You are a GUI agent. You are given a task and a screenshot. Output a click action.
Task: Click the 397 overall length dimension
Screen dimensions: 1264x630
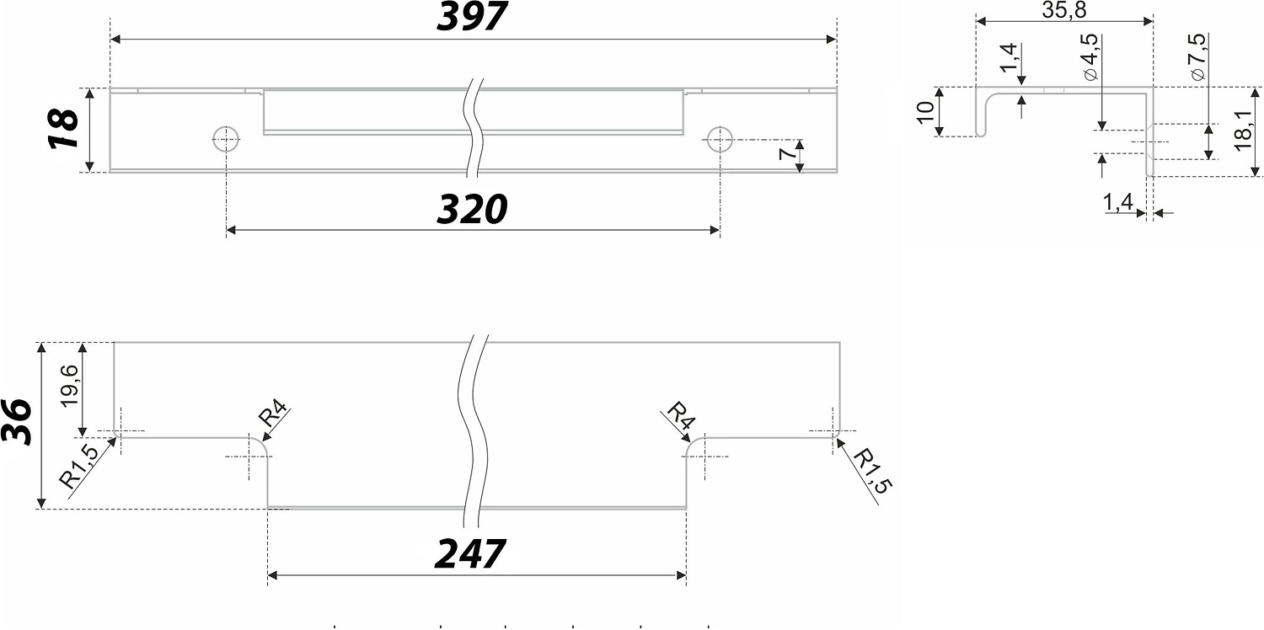(472, 16)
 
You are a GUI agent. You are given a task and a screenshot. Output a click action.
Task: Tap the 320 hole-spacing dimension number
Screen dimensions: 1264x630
(472, 209)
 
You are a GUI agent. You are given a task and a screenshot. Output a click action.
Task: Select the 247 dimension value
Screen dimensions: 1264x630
(470, 554)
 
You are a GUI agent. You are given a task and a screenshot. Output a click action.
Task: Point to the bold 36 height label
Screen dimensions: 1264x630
(16, 422)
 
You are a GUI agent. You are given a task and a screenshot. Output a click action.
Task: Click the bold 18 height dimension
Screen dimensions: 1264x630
(62, 129)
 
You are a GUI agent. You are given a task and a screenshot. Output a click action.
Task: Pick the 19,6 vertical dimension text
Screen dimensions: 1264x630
(69, 386)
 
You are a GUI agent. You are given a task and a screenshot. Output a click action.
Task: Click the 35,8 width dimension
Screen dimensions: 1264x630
(1063, 10)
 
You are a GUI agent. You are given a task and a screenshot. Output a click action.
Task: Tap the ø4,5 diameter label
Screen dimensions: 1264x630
(1090, 57)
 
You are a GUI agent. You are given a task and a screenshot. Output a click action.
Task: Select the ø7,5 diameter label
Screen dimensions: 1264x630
(1197, 57)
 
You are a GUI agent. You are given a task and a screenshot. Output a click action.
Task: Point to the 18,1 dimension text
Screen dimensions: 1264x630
(1243, 131)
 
